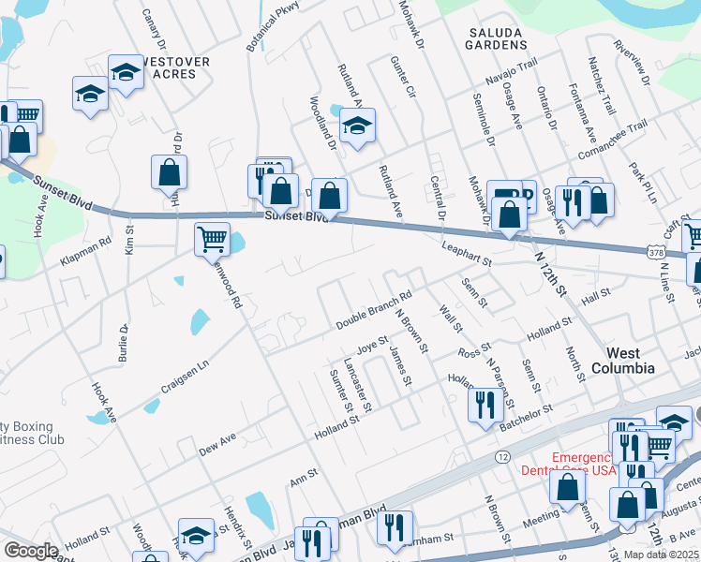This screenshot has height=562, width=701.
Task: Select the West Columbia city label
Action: click(x=623, y=361)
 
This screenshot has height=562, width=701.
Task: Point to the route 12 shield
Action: click(x=503, y=455)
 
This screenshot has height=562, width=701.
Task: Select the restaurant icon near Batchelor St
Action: click(x=484, y=405)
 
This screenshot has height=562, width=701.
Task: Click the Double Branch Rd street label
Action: click(x=375, y=312)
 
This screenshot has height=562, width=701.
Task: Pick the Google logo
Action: click(x=32, y=550)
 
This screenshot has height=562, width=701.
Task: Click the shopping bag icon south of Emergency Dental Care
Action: click(x=568, y=487)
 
